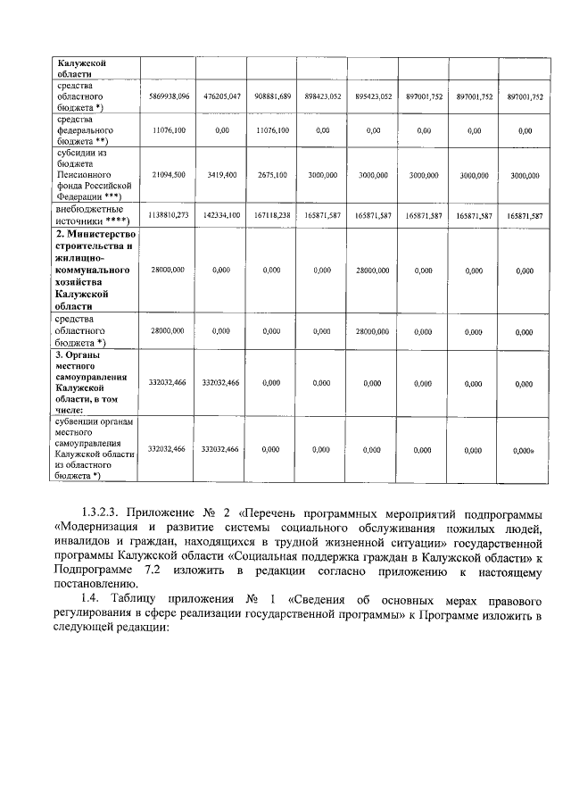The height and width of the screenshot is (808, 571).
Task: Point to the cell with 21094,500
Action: [x=169, y=175]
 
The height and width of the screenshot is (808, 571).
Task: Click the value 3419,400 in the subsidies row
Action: [x=221, y=175]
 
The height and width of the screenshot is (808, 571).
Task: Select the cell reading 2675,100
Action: [x=272, y=175]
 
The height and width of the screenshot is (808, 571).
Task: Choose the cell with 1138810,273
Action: [x=169, y=215]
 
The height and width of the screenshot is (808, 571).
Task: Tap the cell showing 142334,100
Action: [x=221, y=215]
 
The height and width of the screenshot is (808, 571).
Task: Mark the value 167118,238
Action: [x=272, y=215]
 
